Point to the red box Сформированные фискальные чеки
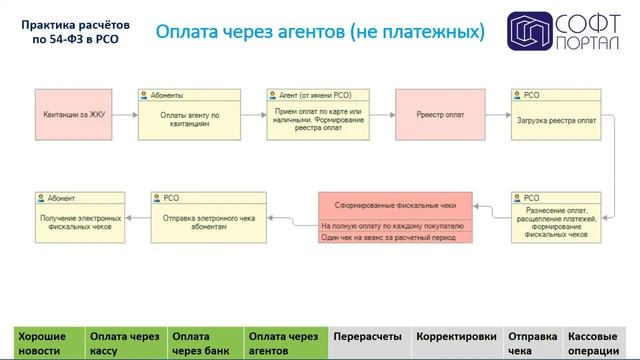pyautogui.click(x=393, y=205)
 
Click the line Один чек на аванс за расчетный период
pyautogui.click(x=393, y=237)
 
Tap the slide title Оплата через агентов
pyautogui.click(x=320, y=32)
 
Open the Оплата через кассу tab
pyautogui.click(x=125, y=343)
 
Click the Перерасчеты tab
pyautogui.click(x=368, y=337)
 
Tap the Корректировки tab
pyautogui.click(x=456, y=337)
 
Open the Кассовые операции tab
pyautogui.click(x=598, y=343)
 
